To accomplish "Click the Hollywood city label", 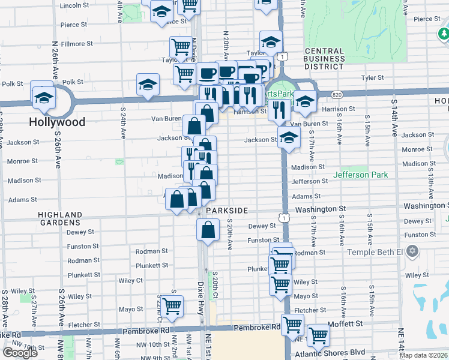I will click(x=57, y=122).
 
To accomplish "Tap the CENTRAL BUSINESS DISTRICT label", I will click(x=333, y=58).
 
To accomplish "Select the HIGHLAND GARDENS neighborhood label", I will click(x=60, y=218).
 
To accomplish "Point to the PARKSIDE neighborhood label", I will click(x=227, y=211).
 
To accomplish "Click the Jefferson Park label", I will click(x=361, y=175).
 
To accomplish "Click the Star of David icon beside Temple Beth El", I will click(x=412, y=250).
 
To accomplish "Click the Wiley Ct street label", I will click(x=130, y=280).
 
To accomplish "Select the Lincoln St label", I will click(x=74, y=5).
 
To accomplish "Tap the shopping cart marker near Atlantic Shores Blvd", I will click(x=318, y=335).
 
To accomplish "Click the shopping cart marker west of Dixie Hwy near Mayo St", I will click(x=172, y=305).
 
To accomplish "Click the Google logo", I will click(x=20, y=353).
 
